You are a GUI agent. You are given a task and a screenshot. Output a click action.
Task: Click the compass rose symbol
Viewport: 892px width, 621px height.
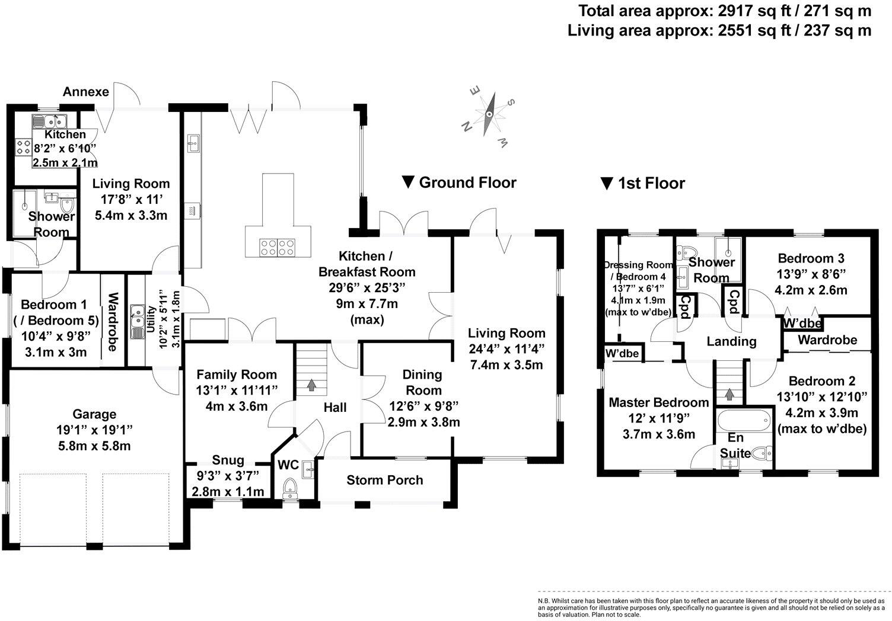tap(489, 114)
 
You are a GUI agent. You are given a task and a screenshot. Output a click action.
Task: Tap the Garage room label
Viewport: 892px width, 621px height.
tap(94, 414)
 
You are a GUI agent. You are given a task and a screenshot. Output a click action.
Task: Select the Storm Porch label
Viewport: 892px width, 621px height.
tap(385, 480)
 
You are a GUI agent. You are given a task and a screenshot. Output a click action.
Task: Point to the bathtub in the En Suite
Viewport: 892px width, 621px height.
tap(744, 421)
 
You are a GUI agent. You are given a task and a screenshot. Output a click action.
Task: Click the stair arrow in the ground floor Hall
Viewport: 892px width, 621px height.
tap(311, 385)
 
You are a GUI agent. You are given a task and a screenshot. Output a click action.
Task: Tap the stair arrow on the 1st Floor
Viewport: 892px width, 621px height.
tap(729, 394)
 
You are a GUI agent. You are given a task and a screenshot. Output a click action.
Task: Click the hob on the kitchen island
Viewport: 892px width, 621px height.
tap(278, 247)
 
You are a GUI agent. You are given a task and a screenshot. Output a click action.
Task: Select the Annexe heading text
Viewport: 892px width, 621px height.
tap(86, 91)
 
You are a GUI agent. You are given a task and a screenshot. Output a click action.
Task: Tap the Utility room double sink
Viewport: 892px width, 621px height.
tap(138, 322)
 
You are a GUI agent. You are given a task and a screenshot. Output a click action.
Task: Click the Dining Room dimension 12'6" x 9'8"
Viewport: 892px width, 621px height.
tap(423, 406)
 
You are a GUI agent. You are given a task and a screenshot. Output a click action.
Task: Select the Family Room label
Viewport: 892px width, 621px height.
tap(237, 374)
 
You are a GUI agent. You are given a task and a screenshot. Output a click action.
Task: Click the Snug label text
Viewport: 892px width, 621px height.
tap(228, 460)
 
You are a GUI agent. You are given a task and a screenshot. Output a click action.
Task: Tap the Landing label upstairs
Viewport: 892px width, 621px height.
tap(731, 341)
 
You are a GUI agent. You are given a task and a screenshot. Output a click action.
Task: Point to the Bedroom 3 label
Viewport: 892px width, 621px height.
tap(811, 258)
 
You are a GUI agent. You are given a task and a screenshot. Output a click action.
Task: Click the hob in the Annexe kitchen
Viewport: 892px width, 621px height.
tap(24, 146)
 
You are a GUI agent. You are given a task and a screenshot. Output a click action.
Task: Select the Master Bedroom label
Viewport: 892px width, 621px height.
tap(659, 402)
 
